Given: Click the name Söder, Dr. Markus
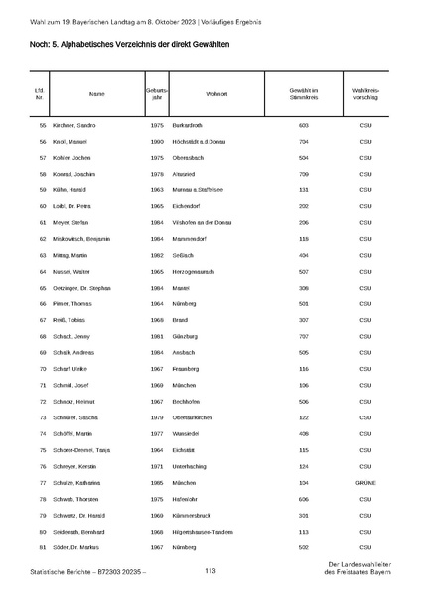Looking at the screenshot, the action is pos(84,547).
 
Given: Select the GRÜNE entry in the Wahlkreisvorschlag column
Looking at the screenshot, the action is pos(366,482).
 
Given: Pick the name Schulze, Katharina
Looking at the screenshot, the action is pos(86,482).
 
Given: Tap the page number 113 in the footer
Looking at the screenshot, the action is pos(210,571).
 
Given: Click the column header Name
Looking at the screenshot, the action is pos(96,94).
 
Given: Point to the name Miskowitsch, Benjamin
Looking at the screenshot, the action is pos(92,239).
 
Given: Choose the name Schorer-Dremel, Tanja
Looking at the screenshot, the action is pos(90,449).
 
